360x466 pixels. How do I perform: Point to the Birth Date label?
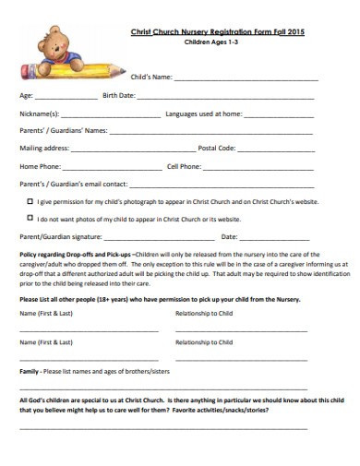coord(119,95)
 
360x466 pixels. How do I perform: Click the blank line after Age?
coord(66,96)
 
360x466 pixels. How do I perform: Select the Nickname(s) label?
coord(39,114)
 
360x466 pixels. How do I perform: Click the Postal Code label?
coord(217,148)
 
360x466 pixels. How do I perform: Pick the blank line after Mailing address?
coord(133,149)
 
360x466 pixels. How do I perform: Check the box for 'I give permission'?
coord(30,200)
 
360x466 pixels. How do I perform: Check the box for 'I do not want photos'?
coord(30,220)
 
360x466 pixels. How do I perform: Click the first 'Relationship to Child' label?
coord(206,313)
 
